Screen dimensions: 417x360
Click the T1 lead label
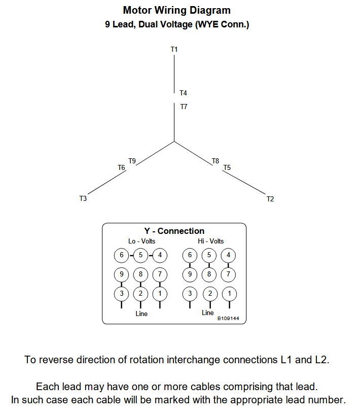click(174, 49)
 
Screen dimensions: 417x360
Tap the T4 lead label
click(183, 93)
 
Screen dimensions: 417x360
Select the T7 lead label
click(184, 107)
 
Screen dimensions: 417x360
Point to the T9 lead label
click(132, 161)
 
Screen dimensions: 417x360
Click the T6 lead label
click(121, 167)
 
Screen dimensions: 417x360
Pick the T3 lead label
click(83, 199)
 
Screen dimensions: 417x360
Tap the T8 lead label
click(215, 161)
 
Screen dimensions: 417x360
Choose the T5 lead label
click(227, 167)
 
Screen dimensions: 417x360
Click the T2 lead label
click(270, 199)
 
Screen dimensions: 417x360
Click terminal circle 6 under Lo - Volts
click(121, 255)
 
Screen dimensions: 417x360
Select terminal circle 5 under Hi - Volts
click(209, 255)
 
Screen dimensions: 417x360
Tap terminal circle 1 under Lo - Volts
click(160, 293)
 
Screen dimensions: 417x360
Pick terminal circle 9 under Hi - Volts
click(190, 274)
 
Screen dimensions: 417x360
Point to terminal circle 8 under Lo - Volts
click(140, 274)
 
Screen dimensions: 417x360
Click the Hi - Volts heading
click(210, 241)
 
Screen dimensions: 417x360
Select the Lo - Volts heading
click(141, 241)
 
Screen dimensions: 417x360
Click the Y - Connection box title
click(174, 231)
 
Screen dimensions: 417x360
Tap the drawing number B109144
click(228, 319)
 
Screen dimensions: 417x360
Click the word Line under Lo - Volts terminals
click(141, 314)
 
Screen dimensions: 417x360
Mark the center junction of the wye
click(174, 141)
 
